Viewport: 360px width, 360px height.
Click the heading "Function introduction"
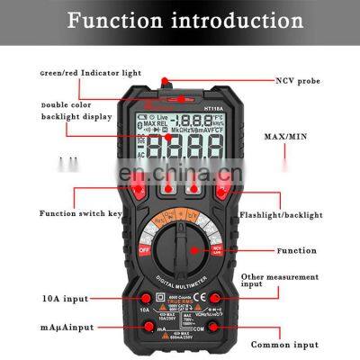[x=180, y=19]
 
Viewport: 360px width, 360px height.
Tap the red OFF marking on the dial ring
[x=143, y=251]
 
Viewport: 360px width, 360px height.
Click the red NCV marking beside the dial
[x=216, y=250]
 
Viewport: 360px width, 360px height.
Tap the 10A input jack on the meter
[x=143, y=297]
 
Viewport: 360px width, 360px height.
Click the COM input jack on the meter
[x=217, y=328]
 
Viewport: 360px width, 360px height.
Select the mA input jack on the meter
[x=143, y=328]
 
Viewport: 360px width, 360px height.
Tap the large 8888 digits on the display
[x=180, y=147]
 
